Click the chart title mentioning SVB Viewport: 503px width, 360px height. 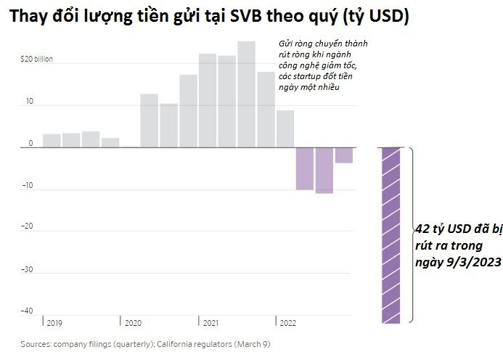pyautogui.click(x=209, y=17)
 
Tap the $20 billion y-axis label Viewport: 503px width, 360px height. pyautogui.click(x=36, y=58)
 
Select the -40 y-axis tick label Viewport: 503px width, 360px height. pyautogui.click(x=28, y=311)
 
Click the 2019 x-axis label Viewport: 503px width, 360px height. pyautogui.click(x=54, y=322)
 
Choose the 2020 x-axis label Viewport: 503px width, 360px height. pyautogui.click(x=133, y=322)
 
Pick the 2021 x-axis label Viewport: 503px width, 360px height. pyautogui.click(x=211, y=322)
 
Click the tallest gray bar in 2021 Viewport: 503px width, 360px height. pyautogui.click(x=246, y=94)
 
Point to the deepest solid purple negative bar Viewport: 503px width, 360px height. pyautogui.click(x=324, y=171)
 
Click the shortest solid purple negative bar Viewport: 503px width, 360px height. pyautogui.click(x=344, y=155)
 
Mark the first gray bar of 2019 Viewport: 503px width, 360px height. pyautogui.click(x=52, y=141)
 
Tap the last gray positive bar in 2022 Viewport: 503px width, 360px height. pyautogui.click(x=285, y=128)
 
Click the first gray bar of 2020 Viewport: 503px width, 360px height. pyautogui.click(x=149, y=120)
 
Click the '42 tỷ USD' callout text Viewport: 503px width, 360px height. pyautogui.click(x=454, y=245)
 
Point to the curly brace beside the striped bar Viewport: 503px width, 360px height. pyautogui.click(x=412, y=234)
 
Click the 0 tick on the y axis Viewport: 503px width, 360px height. pyautogui.click(x=30, y=143)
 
